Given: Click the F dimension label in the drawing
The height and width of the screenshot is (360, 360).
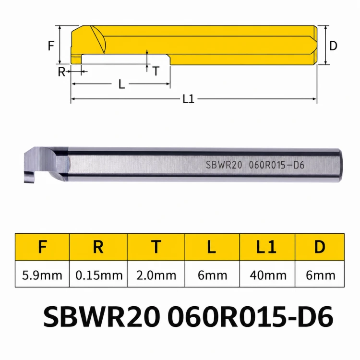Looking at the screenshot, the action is pyautogui.click(x=51, y=46).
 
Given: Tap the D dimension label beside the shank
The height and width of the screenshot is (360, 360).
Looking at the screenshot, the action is pyautogui.click(x=333, y=46).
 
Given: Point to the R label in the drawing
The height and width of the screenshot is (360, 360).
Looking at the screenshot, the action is pyautogui.click(x=61, y=72).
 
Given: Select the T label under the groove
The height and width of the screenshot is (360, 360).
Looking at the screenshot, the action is pyautogui.click(x=156, y=71).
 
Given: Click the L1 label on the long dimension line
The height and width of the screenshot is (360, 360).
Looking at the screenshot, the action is pyautogui.click(x=189, y=99).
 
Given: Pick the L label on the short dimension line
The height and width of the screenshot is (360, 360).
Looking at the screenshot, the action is pyautogui.click(x=122, y=84).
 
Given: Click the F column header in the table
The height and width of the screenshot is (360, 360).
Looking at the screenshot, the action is pyautogui.click(x=43, y=247).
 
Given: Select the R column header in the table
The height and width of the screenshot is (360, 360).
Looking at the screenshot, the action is pyautogui.click(x=98, y=247).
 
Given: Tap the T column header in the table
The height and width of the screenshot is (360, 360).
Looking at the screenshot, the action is pyautogui.click(x=156, y=247).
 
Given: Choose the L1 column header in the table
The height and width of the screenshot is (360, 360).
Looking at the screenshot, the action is pyautogui.click(x=266, y=247).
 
